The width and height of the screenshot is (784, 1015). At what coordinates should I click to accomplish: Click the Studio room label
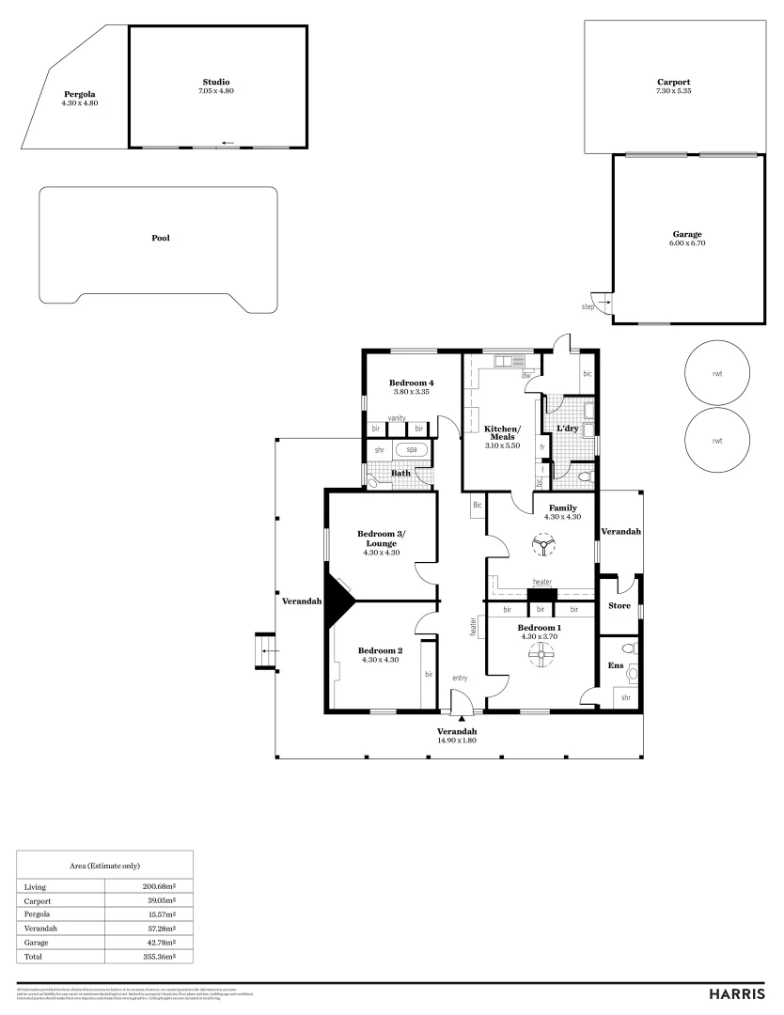(x=215, y=82)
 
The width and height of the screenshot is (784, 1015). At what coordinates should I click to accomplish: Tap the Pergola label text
(x=79, y=94)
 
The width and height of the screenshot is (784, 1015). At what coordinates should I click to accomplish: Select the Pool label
(x=161, y=238)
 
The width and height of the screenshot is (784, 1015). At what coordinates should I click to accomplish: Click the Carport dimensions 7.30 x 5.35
(x=673, y=91)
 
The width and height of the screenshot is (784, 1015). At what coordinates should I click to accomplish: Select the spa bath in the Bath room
(x=412, y=450)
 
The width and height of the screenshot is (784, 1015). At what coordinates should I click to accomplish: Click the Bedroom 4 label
(x=411, y=383)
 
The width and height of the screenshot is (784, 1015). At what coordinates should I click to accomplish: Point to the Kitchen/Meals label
(x=502, y=433)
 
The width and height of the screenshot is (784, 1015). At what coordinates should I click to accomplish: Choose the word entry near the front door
(x=460, y=678)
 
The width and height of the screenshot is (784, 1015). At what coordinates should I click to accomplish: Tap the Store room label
(x=619, y=605)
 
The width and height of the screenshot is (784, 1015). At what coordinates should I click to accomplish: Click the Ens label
(x=615, y=665)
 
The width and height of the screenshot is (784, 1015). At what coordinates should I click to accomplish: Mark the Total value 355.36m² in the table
(x=159, y=955)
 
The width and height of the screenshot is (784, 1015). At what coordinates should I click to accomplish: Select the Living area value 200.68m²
(x=159, y=886)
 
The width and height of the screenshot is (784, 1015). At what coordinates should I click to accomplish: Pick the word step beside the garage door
(x=588, y=306)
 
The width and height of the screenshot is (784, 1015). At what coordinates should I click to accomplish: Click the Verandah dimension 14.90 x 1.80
(x=457, y=741)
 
